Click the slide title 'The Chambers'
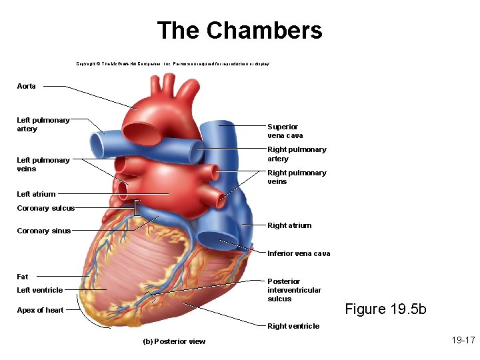239,31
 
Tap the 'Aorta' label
27,87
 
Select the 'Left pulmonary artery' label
43,125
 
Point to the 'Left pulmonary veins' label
43,165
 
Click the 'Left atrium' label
36,194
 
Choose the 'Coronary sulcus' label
45,208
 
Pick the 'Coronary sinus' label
43,231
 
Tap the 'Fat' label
23,277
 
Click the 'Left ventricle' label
40,290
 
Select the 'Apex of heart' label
41,310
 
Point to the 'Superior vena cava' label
285,131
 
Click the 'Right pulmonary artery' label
297,154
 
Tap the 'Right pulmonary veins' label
297,177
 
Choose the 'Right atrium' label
289,225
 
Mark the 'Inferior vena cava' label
299,253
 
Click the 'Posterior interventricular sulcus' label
294,290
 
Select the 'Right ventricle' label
293,326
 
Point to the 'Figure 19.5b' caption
385,309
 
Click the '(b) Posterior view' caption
175,342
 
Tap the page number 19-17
463,341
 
